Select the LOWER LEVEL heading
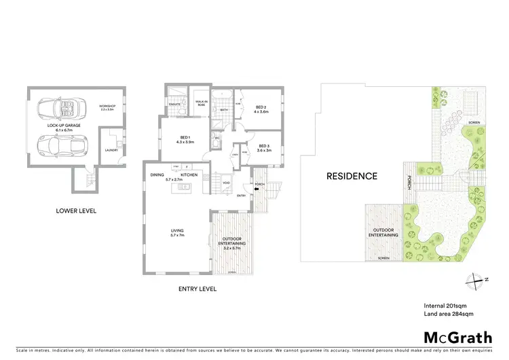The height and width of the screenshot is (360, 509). coord(76,211)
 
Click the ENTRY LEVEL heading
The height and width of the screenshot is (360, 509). coord(197,289)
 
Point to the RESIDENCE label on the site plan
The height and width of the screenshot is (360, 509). coord(352,176)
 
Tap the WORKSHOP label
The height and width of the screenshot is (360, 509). coord(108,107)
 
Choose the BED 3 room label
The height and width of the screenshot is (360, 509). coord(265,147)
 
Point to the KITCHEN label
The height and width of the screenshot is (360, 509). coord(189,175)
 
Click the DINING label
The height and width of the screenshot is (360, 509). coord(158,175)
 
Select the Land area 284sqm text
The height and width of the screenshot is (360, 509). coord(449,314)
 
